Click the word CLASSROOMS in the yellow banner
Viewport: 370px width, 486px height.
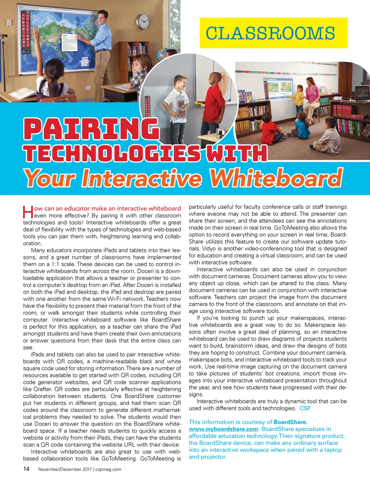270,33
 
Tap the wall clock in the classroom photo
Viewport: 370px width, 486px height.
143,21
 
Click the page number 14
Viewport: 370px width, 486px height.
26,469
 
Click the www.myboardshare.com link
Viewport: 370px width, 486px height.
223,429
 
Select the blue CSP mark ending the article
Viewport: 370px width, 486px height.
305,408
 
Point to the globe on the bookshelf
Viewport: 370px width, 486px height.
161,55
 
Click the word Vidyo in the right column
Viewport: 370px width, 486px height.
196,249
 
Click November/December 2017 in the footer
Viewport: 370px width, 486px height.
65,469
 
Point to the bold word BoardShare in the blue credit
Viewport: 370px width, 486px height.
290,422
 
